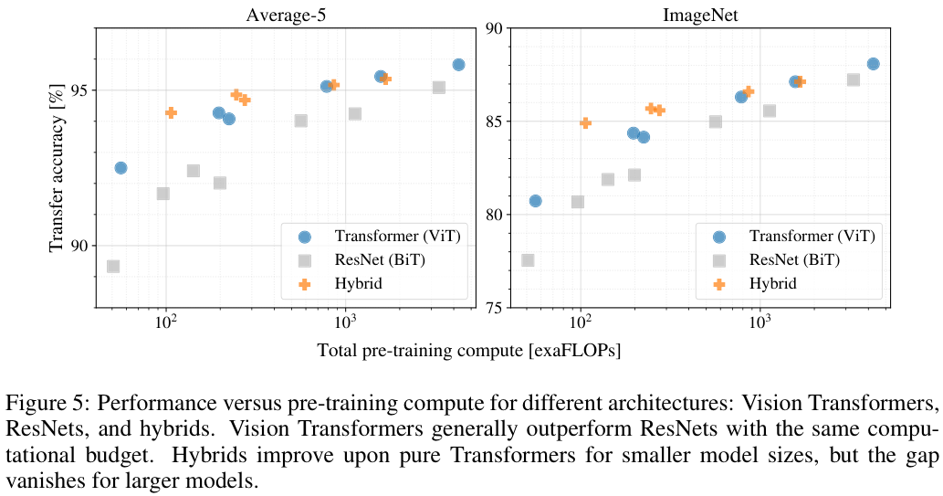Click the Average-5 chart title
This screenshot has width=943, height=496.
pos(281,14)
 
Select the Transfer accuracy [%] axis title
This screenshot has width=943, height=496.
pos(58,168)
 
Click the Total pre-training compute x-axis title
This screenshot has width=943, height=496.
pos(469,351)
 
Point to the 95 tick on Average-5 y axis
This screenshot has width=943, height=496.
pos(79,90)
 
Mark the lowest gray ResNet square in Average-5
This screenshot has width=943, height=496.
pos(113,267)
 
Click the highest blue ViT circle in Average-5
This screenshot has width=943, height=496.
pos(458,65)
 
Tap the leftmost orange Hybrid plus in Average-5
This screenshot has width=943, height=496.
pos(171,112)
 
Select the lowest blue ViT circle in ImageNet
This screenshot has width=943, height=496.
pos(535,201)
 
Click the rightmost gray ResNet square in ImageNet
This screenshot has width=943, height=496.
pos(853,79)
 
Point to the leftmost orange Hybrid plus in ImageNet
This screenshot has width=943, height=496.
pos(585,122)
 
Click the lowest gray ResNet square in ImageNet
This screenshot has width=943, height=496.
pos(528,260)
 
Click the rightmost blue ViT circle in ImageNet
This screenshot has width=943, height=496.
pos(873,64)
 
